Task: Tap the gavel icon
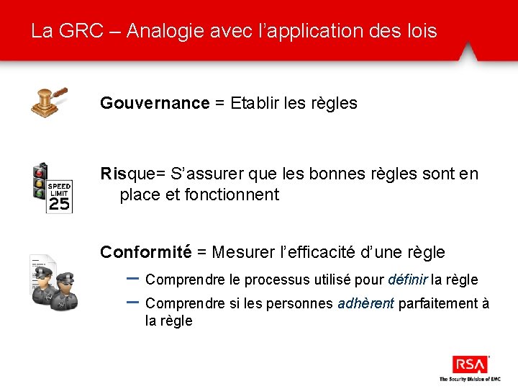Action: point(49,102)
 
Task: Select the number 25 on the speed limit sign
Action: point(60,205)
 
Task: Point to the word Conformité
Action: point(145,252)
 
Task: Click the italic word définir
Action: point(408,280)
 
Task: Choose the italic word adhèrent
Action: point(365,303)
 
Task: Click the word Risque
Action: point(128,174)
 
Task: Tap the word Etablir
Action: point(255,103)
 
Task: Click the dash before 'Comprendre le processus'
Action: point(132,277)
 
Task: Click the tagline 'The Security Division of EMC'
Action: point(470,378)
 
